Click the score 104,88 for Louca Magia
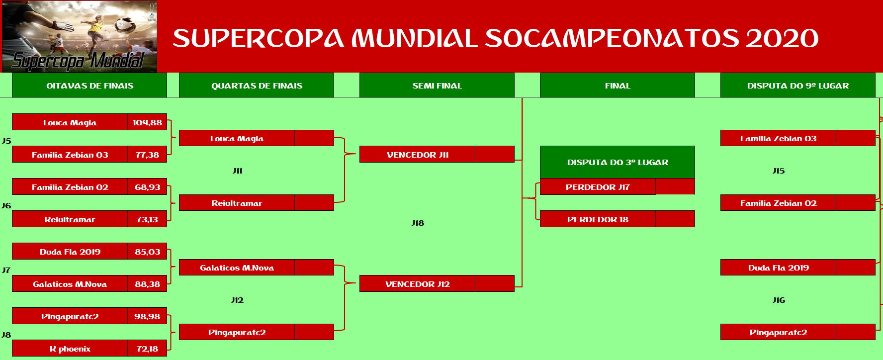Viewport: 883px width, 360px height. click(x=147, y=122)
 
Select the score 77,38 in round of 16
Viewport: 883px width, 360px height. click(x=147, y=155)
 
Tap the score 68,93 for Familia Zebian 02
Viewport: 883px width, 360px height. click(x=147, y=187)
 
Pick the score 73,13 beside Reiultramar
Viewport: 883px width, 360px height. click(x=147, y=219)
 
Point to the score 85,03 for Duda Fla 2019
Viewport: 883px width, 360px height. click(x=147, y=252)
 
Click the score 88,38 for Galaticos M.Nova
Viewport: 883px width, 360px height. click(x=147, y=284)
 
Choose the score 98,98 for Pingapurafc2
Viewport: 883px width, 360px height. click(x=147, y=316)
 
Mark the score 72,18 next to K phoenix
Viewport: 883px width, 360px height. click(x=147, y=349)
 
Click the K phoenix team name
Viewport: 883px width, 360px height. click(x=70, y=349)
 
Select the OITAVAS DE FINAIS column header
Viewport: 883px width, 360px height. click(x=89, y=86)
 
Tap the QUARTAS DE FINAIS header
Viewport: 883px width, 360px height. click(x=257, y=86)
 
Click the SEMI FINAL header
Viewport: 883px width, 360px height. click(x=437, y=86)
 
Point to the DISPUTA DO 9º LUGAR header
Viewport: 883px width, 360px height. click(x=798, y=86)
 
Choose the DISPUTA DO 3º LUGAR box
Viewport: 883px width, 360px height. click(x=618, y=162)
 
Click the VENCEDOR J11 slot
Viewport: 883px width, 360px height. click(x=418, y=155)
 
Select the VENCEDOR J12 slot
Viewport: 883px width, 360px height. click(x=418, y=284)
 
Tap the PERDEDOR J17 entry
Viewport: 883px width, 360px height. click(x=598, y=187)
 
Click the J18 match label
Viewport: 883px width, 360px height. click(x=418, y=223)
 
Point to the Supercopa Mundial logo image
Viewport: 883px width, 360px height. click(x=80, y=37)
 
